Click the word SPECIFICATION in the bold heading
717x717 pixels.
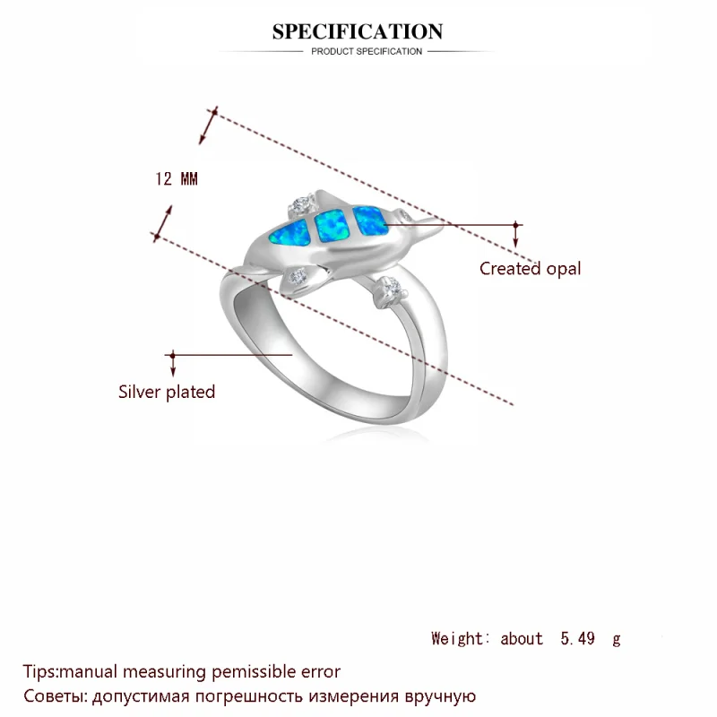(x=358, y=32)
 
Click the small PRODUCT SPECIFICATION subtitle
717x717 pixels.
(x=367, y=52)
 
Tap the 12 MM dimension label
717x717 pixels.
(x=176, y=178)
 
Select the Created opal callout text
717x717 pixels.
(x=530, y=268)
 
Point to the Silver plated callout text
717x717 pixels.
(x=167, y=392)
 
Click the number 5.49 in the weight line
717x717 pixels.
(x=577, y=638)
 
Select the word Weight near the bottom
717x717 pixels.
(x=460, y=638)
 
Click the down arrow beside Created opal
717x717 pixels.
(x=515, y=237)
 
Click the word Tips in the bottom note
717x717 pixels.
(x=39, y=670)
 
